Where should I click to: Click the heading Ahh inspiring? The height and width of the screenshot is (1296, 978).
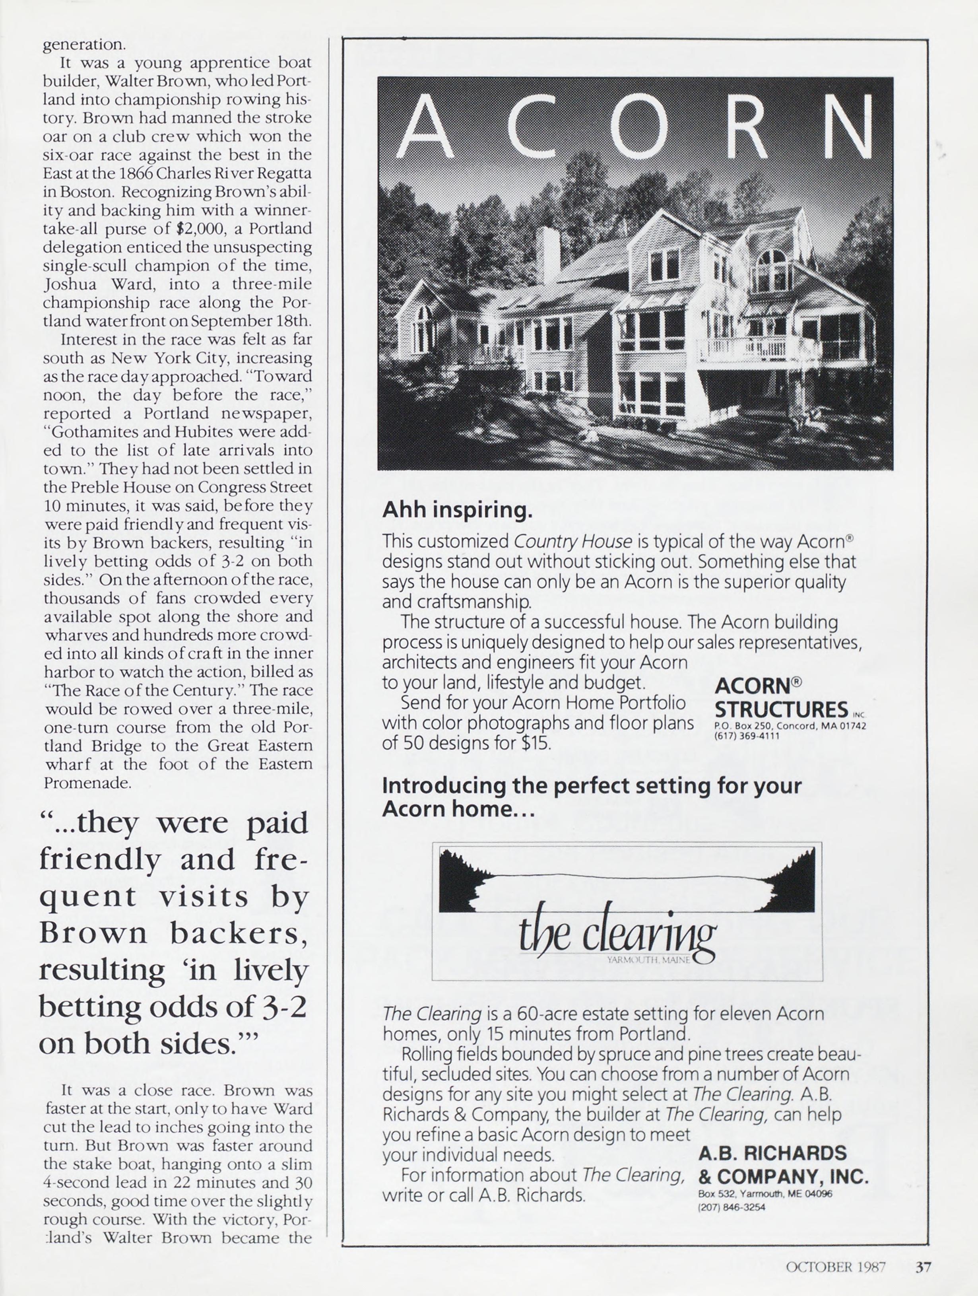(x=457, y=510)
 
